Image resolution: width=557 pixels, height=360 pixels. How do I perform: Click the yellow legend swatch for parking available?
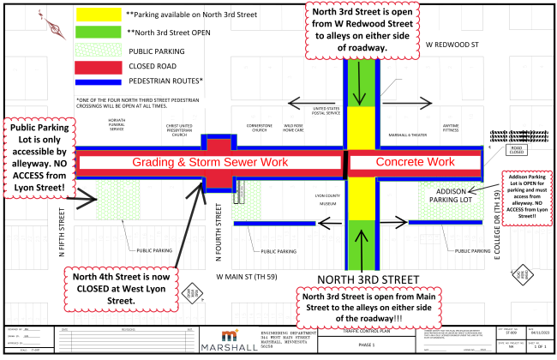pos(99,15)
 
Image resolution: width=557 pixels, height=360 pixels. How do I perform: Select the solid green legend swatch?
pos(99,33)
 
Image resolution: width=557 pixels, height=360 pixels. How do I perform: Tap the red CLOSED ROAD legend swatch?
pos(99,66)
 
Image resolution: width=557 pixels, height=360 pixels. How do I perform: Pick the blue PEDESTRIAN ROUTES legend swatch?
pos(99,81)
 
